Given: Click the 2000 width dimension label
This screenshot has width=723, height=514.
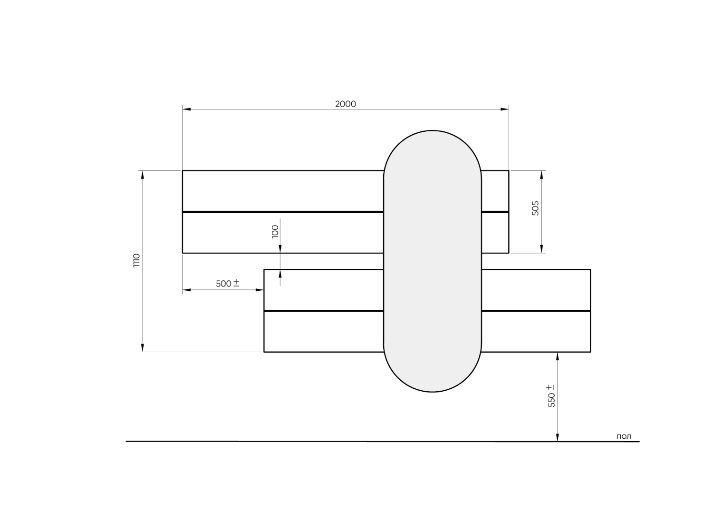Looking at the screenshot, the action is [x=346, y=104].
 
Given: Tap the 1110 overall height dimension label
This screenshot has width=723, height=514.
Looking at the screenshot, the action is [x=136, y=260].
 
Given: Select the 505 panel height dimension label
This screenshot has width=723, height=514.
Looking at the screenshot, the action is [x=535, y=208].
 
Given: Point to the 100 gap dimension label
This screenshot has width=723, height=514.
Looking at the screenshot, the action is [x=275, y=232].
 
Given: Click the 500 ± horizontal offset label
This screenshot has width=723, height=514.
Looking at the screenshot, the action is [x=228, y=283].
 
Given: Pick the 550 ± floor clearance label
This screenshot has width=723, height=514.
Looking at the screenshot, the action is [x=551, y=396].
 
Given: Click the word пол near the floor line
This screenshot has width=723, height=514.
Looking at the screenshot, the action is [x=624, y=437].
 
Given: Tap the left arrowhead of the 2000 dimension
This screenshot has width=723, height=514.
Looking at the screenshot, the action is [x=186, y=109].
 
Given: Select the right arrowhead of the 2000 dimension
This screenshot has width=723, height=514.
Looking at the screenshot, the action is [x=504, y=109].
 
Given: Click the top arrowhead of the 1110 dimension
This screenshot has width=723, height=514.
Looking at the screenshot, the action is [x=142, y=175].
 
